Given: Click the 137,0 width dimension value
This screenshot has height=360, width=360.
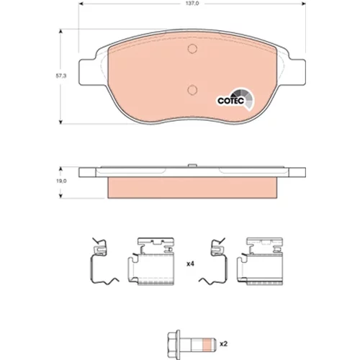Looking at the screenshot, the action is [192, 4].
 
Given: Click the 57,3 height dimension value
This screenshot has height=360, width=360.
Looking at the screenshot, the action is [61, 76].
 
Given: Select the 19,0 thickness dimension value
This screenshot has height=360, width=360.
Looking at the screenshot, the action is [61, 181].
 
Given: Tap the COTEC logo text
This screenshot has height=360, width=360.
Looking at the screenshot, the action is [230, 101].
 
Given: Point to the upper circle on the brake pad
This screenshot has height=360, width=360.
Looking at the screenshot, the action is [192, 49].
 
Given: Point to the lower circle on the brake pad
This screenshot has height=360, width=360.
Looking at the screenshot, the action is [192, 90].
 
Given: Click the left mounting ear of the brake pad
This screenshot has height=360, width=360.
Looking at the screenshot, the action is [88, 71].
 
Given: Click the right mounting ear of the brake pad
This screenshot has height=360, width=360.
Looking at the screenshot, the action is [297, 71].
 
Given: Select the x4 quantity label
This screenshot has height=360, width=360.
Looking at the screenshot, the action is [190, 264].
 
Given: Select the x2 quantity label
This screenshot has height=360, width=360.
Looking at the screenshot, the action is [223, 344].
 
